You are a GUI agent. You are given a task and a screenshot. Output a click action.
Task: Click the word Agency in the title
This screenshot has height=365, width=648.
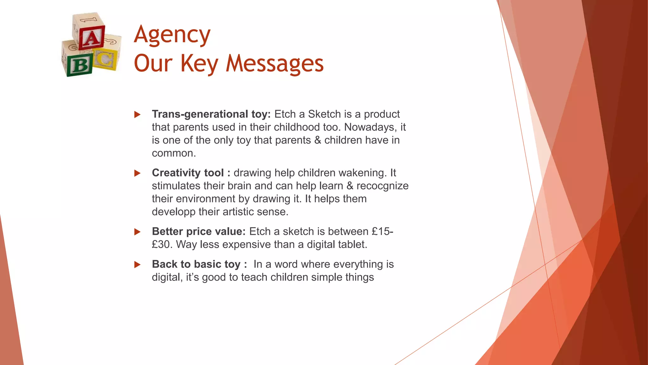pyautogui.click(x=172, y=35)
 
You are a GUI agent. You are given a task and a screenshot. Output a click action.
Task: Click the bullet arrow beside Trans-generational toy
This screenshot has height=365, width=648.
pyautogui.click(x=137, y=114)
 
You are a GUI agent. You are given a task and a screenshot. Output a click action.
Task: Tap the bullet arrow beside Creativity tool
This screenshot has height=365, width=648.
pyautogui.click(x=137, y=173)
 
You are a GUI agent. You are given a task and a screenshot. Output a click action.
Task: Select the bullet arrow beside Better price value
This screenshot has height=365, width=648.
pyautogui.click(x=137, y=232)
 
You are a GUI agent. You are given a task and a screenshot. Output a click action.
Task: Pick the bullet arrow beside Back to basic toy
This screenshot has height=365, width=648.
pyautogui.click(x=137, y=264)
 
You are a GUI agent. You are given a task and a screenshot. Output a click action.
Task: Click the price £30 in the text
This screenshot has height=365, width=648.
pyautogui.click(x=162, y=245)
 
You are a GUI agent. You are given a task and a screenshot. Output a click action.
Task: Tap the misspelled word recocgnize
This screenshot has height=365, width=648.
pyautogui.click(x=383, y=186)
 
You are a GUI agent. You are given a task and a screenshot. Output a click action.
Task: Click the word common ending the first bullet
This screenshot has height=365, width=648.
pyautogui.click(x=173, y=153)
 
